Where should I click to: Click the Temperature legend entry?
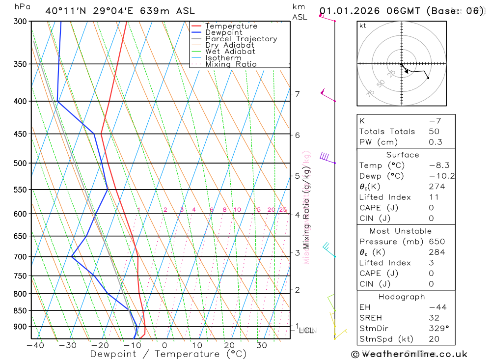click(x=231, y=27)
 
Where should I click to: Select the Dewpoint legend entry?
click(x=223, y=33)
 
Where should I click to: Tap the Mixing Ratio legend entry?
click(x=231, y=64)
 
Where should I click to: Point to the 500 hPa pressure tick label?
click(x=20, y=163)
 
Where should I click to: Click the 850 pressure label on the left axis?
click(x=20, y=311)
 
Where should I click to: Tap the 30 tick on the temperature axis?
click(x=261, y=345)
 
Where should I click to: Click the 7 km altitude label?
click(x=298, y=94)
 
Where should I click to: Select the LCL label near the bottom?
click(x=306, y=331)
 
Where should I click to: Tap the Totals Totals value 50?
click(x=434, y=132)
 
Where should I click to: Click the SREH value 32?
click(x=434, y=318)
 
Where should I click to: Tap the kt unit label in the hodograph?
click(x=363, y=26)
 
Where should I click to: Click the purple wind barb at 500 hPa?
click(x=325, y=157)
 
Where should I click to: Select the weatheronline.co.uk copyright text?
click(x=409, y=354)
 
